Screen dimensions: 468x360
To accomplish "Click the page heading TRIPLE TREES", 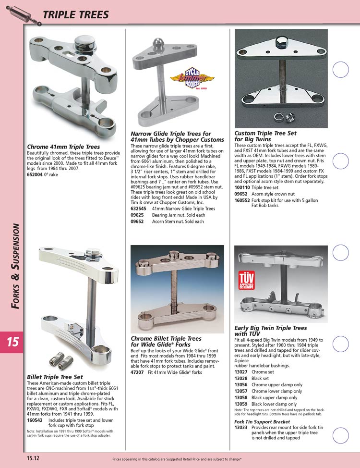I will [x=76, y=15].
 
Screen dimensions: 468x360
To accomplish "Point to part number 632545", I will [x=139, y=209].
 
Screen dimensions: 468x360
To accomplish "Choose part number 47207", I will [x=138, y=372].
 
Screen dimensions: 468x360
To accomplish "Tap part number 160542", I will [x=36, y=420].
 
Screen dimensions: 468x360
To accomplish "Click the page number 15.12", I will [x=33, y=458].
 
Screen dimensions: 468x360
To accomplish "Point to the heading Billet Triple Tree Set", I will [x=55, y=377].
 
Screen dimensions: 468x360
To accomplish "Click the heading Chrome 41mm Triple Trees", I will [x=63, y=147].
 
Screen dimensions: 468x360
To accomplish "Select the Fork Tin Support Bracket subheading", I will [x=262, y=421].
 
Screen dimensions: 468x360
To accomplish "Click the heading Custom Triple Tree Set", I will [x=265, y=136].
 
